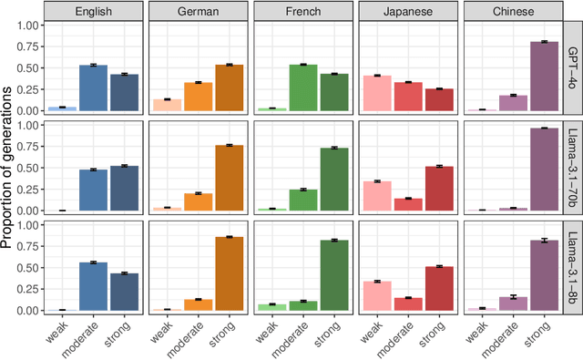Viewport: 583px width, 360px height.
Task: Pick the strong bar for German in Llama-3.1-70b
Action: [228, 178]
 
